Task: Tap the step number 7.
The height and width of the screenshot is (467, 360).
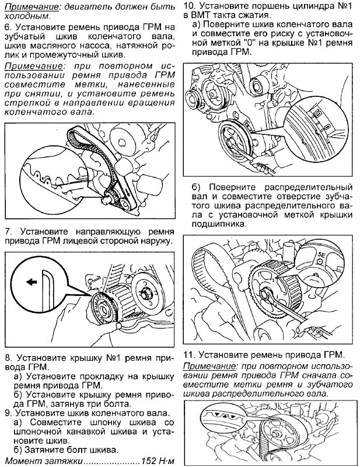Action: [7, 231]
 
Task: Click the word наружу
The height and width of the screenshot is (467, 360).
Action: [155, 241]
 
